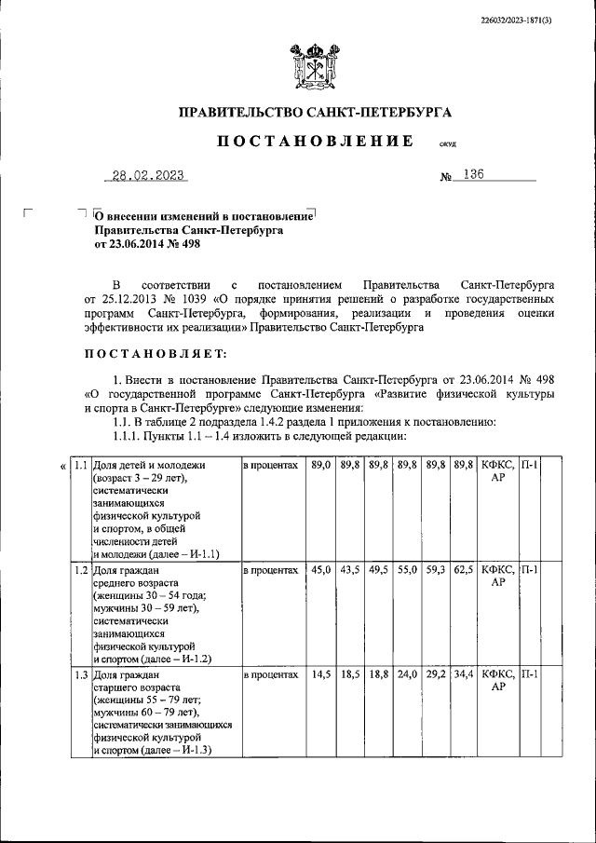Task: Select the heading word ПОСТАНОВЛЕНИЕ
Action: click(316, 141)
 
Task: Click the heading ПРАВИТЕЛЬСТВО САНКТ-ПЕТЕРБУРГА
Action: click(315, 113)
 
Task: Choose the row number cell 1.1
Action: click(81, 464)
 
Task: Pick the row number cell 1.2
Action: click(81, 569)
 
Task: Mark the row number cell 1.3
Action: click(81, 673)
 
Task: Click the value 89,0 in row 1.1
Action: click(319, 464)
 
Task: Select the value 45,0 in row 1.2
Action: click(319, 569)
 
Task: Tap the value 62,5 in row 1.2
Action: click(462, 569)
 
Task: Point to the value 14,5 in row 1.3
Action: click(319, 673)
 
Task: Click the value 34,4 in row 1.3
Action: click(462, 673)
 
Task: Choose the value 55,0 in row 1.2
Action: click(406, 569)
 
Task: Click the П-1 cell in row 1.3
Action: click(528, 673)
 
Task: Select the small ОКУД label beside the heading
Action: click(448, 145)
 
